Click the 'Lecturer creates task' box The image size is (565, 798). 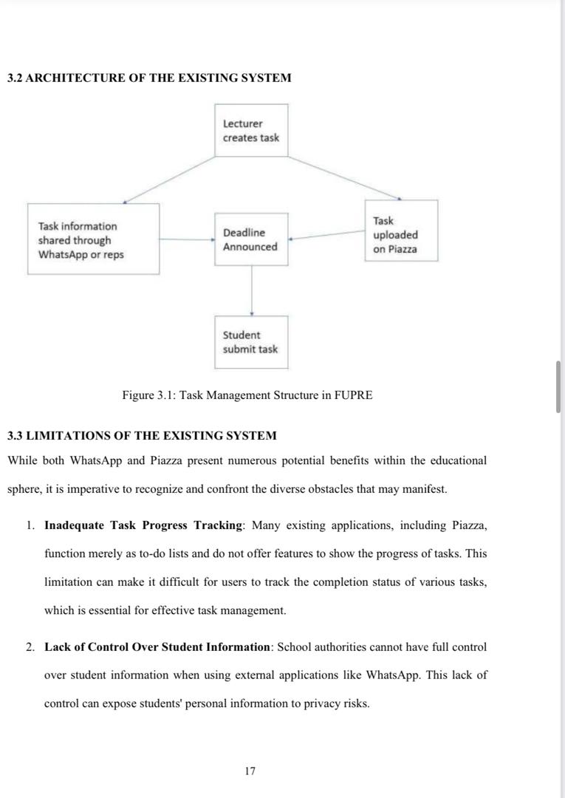251,131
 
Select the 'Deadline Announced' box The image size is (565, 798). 251,239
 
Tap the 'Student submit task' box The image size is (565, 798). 251,342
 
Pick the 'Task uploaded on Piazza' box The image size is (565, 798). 401,231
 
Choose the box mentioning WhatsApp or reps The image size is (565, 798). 93,239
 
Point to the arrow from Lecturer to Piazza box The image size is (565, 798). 344,177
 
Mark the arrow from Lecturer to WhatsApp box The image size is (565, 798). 169,180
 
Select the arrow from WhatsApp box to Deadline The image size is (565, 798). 186,239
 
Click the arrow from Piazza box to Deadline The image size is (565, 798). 326,235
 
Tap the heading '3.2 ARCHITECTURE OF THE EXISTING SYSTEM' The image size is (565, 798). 149,78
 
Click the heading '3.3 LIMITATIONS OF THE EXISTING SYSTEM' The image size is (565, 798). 142,435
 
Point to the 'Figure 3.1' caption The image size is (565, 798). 247,395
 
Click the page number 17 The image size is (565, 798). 250,771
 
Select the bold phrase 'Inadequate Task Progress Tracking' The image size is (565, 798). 143,525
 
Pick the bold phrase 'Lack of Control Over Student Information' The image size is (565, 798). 157,647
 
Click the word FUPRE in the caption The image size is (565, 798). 354,395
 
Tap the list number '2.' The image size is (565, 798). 30,647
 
